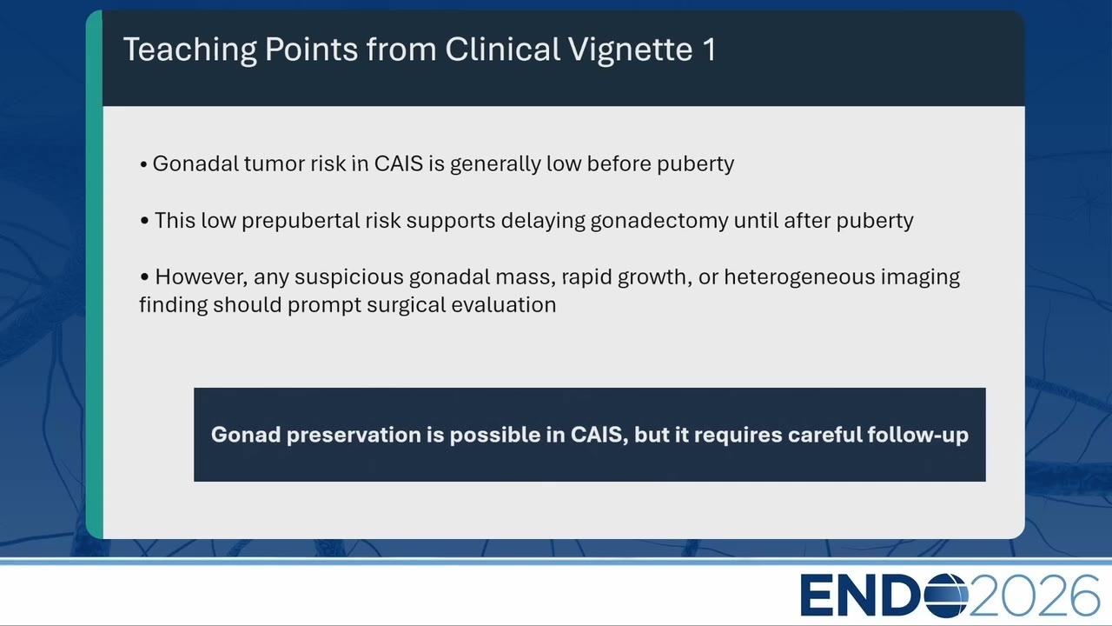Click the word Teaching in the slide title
pos(190,50)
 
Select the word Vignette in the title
pos(630,50)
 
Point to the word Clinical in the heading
pos(502,49)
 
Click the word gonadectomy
pos(659,221)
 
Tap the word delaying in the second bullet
pos(543,221)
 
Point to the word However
pos(201,277)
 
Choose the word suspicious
pos(349,277)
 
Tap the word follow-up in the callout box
pos(918,436)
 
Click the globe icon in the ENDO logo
pos(945,596)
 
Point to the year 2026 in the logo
pos(1034,596)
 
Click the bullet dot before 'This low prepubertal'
pos(144,221)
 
